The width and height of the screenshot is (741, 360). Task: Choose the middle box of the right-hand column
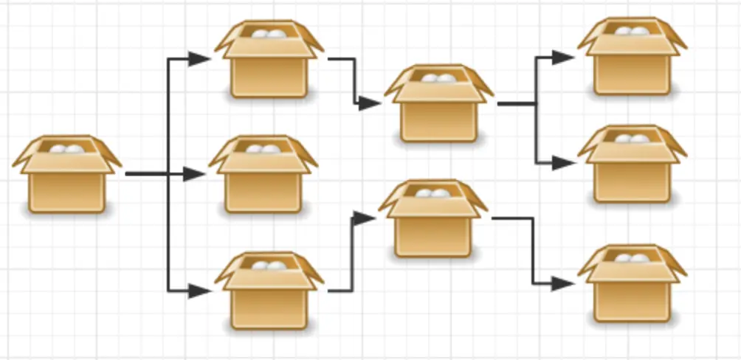click(x=632, y=165)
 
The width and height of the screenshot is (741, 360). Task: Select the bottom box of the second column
click(x=269, y=291)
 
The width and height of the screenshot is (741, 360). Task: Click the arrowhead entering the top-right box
click(x=564, y=58)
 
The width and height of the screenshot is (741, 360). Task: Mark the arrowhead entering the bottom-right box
click(x=564, y=283)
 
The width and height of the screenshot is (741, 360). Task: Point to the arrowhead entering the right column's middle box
click(x=564, y=163)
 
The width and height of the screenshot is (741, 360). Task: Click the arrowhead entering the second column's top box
click(x=199, y=59)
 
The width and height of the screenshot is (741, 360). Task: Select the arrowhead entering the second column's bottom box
click(x=199, y=291)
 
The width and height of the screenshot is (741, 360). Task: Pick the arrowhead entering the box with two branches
click(x=369, y=103)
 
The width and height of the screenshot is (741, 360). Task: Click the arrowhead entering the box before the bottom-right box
click(x=364, y=218)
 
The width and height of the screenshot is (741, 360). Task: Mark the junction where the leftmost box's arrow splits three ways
click(x=169, y=174)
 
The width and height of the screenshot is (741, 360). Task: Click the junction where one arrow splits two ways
click(x=537, y=104)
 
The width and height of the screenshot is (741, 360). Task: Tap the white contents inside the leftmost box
click(x=66, y=149)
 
